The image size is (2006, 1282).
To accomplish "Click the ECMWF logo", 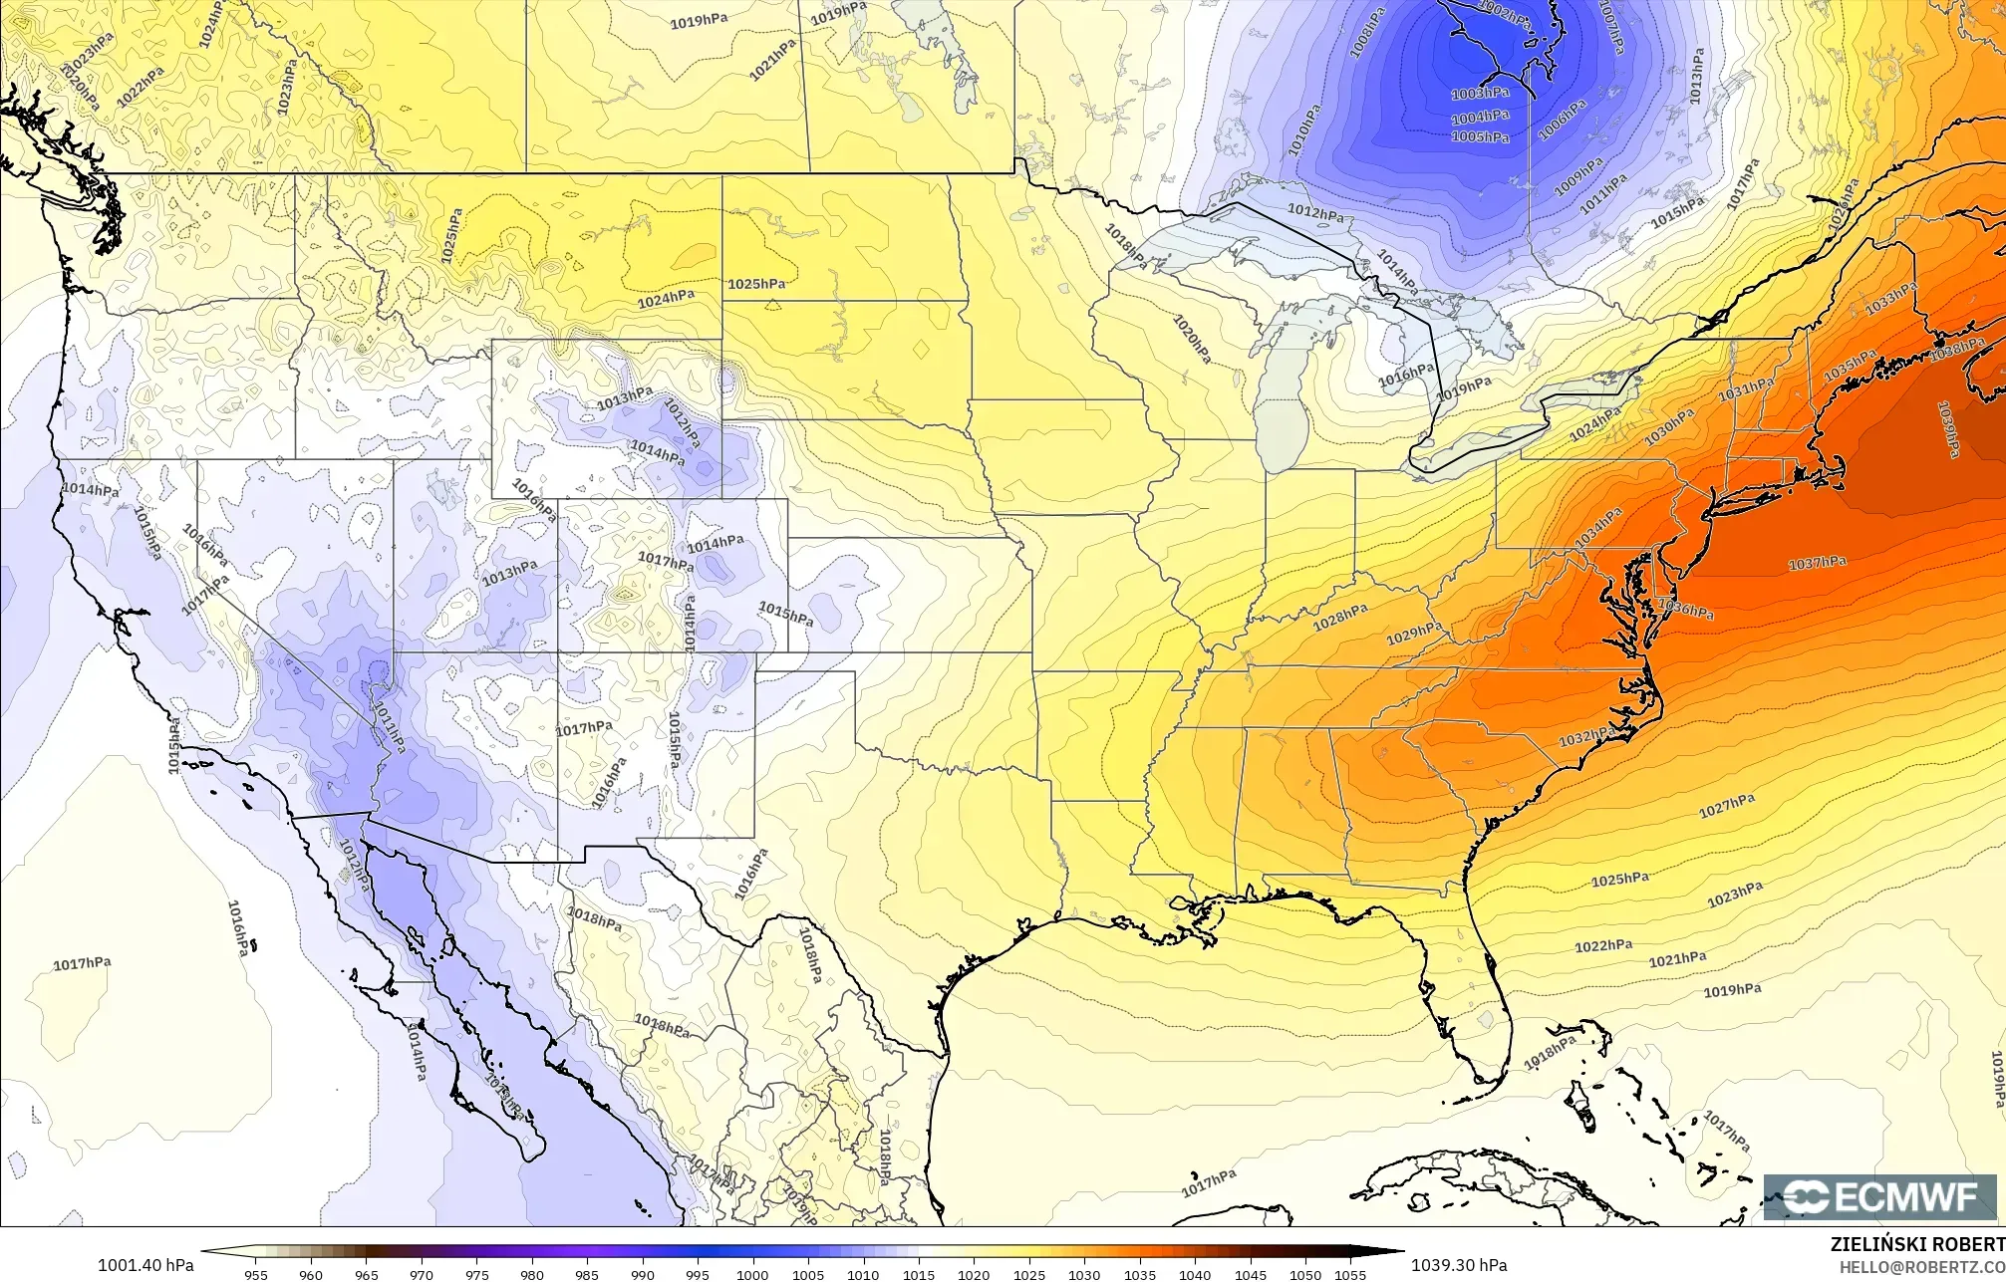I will point(1879,1196).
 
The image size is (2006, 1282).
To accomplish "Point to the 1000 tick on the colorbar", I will point(752,1274).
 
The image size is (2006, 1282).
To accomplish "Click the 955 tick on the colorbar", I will point(256,1274).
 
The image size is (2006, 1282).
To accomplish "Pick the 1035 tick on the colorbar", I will point(1139,1274).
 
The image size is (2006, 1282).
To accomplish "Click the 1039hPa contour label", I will point(1948,429).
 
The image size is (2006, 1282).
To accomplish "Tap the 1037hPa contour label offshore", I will point(1817,563).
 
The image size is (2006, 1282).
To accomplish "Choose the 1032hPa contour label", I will point(1586,737).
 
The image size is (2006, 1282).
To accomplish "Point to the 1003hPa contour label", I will point(1480,93).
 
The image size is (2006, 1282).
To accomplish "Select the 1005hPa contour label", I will point(1480,136).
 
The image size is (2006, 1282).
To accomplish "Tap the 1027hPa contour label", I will point(1727,806).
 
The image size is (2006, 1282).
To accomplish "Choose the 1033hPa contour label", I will point(1890,299).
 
